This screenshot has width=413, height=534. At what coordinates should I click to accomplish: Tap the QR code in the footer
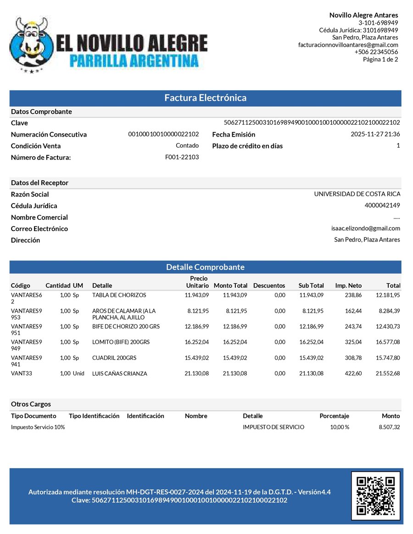click(375, 495)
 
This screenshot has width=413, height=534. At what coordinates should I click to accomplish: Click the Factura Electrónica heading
click(206, 98)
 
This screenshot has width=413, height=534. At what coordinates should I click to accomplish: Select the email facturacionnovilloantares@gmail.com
click(348, 45)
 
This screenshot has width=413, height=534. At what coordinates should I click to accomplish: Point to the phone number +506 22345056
click(376, 52)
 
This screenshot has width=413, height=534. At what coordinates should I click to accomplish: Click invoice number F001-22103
click(182, 157)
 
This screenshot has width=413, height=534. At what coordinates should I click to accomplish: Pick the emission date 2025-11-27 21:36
click(375, 134)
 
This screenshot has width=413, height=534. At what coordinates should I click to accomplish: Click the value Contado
click(187, 146)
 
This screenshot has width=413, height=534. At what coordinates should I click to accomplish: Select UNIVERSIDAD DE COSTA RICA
click(357, 194)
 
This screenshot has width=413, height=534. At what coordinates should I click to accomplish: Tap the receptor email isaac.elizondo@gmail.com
click(365, 228)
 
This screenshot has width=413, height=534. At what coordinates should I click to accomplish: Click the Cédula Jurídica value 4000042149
click(382, 205)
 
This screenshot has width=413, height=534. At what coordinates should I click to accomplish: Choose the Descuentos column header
click(269, 286)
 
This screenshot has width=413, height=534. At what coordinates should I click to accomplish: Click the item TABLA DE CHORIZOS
click(119, 295)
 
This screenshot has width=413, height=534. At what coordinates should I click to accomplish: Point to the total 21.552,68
click(388, 374)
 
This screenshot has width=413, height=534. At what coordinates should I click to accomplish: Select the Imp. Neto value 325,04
click(353, 342)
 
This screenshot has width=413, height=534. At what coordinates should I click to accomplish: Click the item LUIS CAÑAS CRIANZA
click(119, 374)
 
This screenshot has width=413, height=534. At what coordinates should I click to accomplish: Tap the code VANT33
click(21, 374)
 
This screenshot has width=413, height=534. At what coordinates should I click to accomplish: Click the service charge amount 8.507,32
click(389, 427)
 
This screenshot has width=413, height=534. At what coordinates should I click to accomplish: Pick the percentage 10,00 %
click(340, 427)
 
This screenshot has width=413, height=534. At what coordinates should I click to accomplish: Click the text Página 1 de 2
click(380, 59)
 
